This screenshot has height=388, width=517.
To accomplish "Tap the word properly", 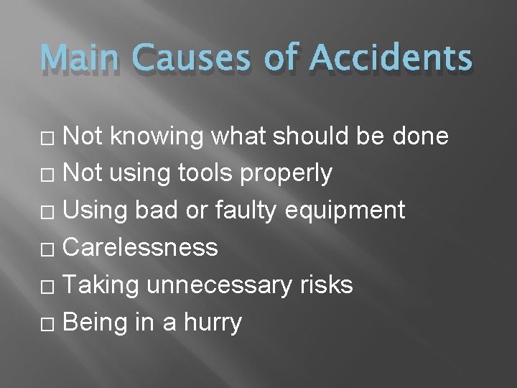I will [297, 173].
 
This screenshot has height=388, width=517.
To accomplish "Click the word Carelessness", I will [141, 247].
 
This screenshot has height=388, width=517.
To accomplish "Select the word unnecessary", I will [219, 286].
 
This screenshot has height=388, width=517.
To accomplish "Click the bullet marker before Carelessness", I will [50, 249].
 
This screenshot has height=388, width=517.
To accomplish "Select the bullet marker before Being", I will [50, 323].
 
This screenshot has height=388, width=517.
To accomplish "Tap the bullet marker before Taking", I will [50, 286].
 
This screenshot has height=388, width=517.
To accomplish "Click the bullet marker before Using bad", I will [50, 211].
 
